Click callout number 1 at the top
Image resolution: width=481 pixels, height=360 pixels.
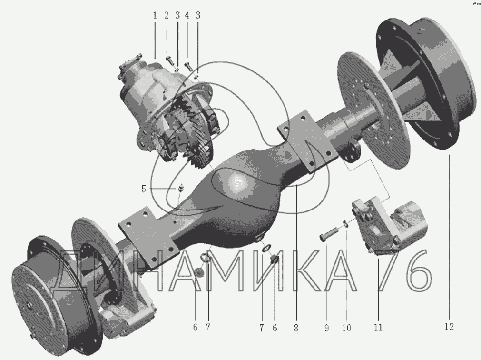[x=155, y=16]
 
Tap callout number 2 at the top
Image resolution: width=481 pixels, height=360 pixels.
[x=166, y=16]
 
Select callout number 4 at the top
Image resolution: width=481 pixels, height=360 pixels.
[x=187, y=16]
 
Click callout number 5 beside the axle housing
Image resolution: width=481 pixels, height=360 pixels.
[x=144, y=189]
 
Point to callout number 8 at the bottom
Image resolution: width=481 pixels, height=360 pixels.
[x=296, y=328]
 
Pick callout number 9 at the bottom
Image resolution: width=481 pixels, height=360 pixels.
[x=327, y=328]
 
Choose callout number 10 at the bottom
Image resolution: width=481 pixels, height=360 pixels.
[x=347, y=328]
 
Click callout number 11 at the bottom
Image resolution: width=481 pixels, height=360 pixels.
[x=378, y=328]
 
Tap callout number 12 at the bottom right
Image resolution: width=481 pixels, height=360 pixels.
[x=449, y=327]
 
